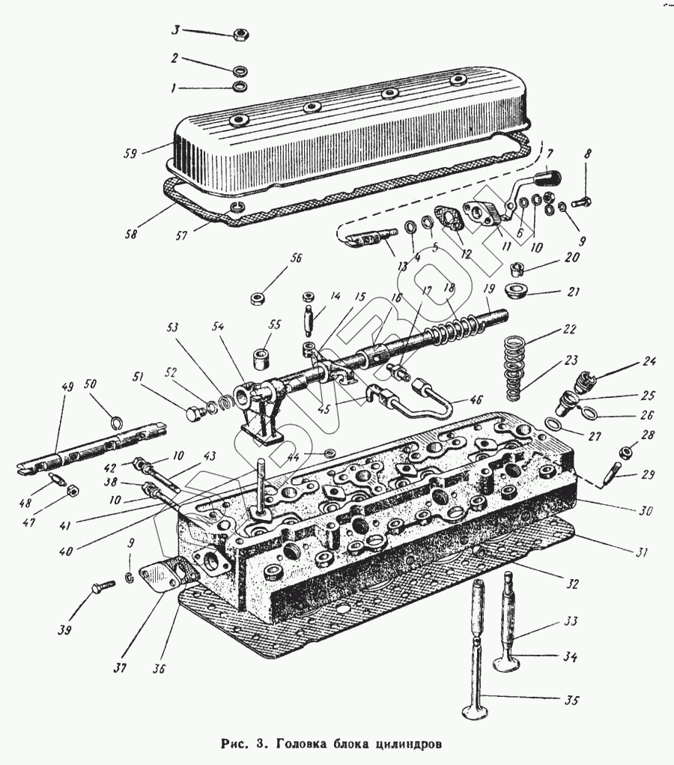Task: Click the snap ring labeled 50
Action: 117,423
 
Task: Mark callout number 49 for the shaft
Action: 67,387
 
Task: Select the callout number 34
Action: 570,657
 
